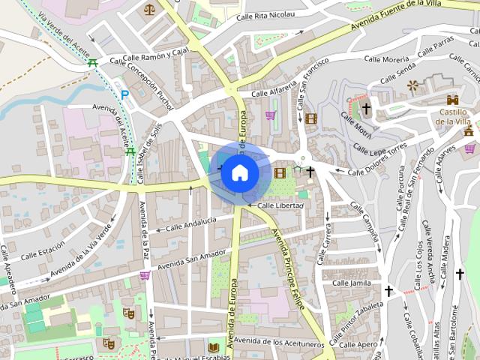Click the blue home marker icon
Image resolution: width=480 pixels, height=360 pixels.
(x=239, y=172)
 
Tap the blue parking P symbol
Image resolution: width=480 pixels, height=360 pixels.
(x=124, y=95)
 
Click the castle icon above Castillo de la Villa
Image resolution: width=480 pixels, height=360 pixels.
(x=452, y=100)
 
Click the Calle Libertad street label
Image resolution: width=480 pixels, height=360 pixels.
(x=280, y=205)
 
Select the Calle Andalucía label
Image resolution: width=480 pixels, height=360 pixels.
(x=190, y=223)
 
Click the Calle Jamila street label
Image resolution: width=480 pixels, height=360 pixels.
(x=351, y=283)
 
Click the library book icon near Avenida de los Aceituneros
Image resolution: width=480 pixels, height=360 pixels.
(x=214, y=347)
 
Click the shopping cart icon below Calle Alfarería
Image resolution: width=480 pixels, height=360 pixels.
(x=270, y=115)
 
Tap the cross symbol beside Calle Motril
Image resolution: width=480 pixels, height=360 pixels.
(x=366, y=109)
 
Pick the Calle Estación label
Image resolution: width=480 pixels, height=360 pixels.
(x=43, y=253)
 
